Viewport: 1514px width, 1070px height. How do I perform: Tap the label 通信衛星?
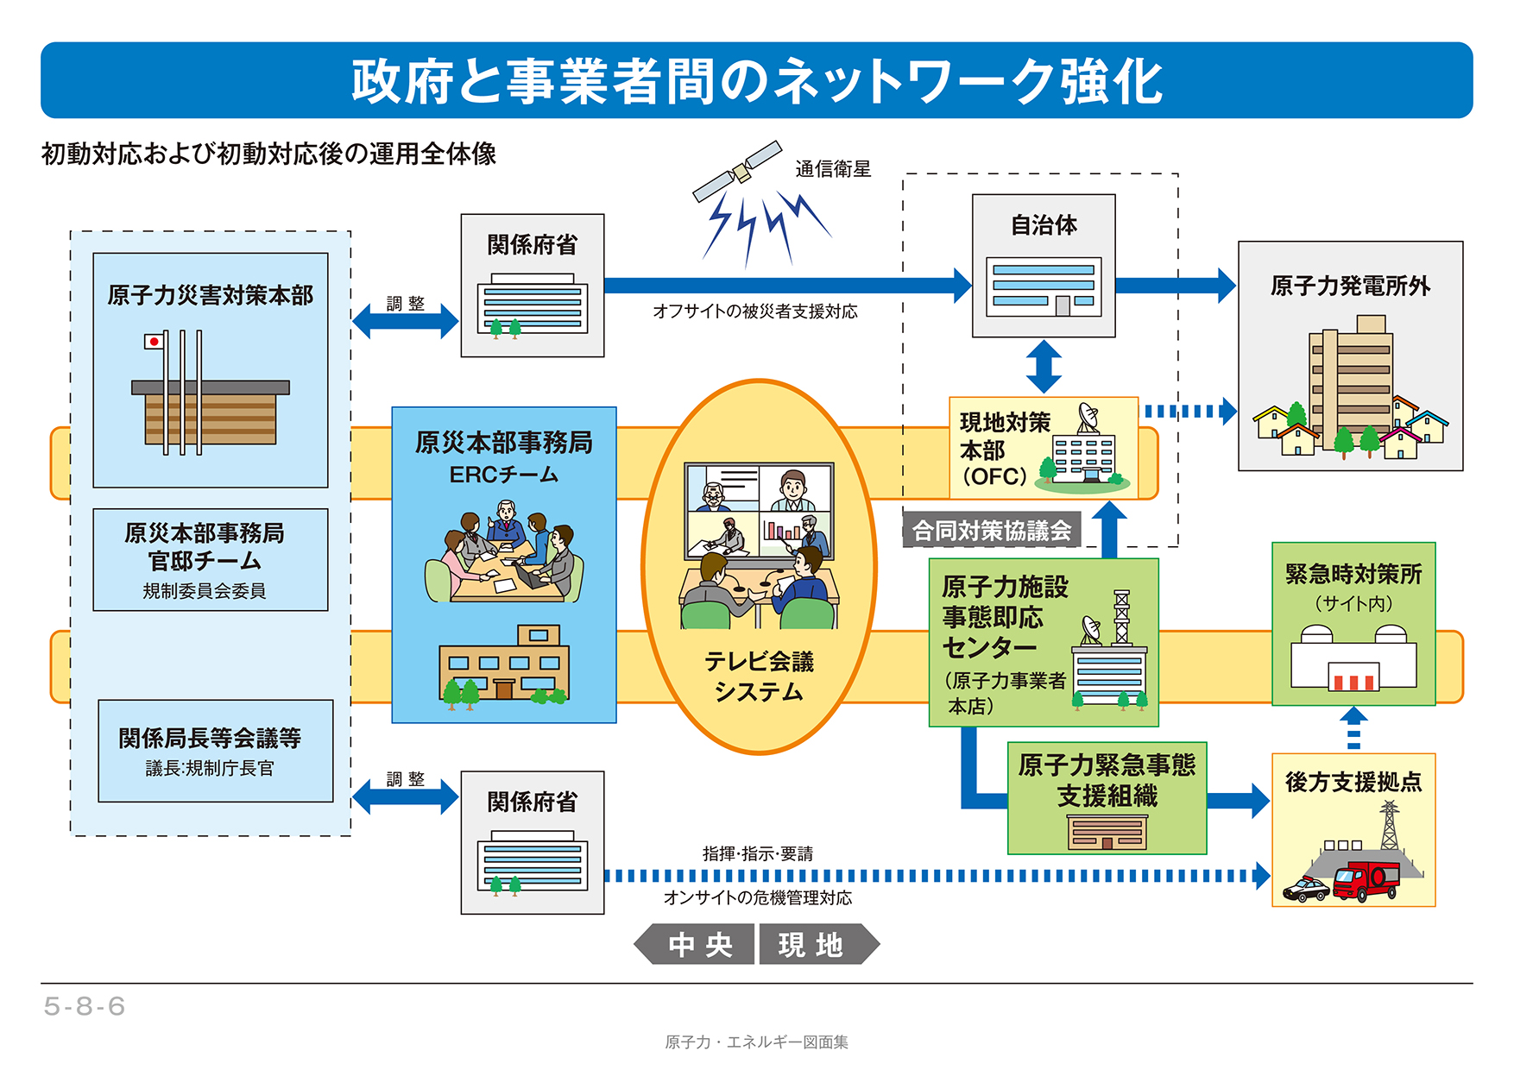click(833, 169)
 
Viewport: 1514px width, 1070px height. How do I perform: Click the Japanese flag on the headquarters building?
click(155, 342)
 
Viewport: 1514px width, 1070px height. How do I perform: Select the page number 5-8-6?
click(85, 1006)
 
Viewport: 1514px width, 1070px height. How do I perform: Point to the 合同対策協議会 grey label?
click(992, 531)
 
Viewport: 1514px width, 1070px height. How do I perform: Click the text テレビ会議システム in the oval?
click(759, 677)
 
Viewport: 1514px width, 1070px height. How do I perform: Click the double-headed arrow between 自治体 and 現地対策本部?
click(1044, 367)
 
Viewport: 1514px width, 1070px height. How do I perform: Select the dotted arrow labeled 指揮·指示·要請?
click(937, 876)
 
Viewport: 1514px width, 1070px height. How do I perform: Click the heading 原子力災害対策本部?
click(210, 296)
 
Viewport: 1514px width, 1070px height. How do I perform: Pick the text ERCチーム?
click(503, 475)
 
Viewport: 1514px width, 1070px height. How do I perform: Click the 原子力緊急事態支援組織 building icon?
click(1107, 833)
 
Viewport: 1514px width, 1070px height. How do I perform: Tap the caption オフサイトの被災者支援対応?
click(755, 312)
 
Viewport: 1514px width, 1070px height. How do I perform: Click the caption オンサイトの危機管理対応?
click(757, 898)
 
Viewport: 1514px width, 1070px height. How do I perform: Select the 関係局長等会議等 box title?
click(210, 739)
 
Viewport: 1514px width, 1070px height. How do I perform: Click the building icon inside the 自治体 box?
click(1044, 286)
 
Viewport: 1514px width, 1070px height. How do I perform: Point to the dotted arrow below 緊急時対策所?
click(1353, 729)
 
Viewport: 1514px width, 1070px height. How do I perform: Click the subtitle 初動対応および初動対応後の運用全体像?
click(268, 154)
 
